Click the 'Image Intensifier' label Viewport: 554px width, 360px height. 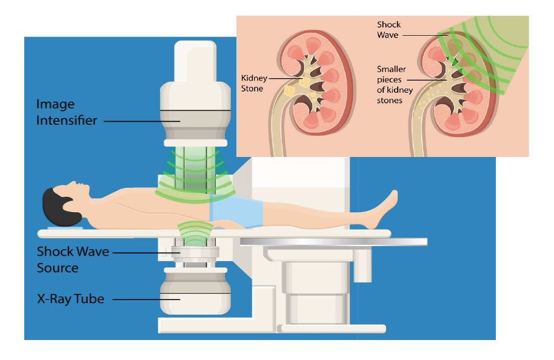point(67,112)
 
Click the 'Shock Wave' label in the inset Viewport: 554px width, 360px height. point(389,30)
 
